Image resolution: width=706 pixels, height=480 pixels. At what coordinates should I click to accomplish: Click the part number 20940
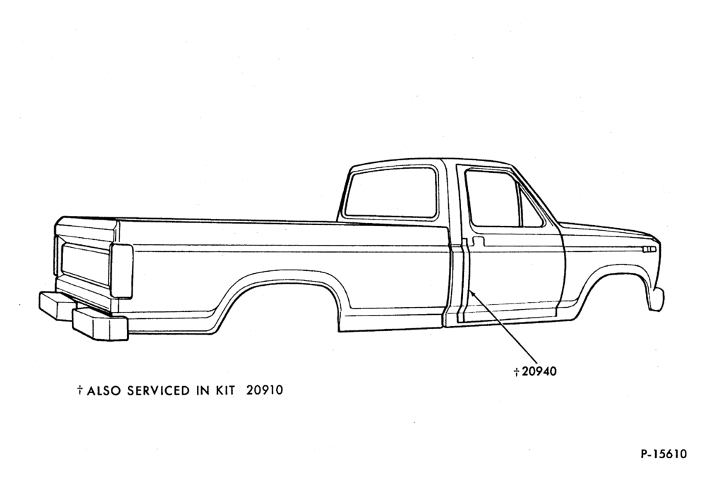539,371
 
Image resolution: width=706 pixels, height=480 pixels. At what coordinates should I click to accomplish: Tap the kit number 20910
265,390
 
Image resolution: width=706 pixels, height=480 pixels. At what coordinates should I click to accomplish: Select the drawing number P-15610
664,453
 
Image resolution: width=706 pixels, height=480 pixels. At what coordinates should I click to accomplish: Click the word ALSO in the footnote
104,390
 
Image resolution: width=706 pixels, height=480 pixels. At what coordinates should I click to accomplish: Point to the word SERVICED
159,390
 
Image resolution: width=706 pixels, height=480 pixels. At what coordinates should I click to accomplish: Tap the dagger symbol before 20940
517,372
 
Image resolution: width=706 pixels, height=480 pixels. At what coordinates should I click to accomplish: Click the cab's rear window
391,192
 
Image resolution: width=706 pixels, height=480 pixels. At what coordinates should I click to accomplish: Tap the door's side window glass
493,198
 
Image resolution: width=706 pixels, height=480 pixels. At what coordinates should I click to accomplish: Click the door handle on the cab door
478,241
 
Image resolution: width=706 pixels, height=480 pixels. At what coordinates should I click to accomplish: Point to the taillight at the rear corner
121,270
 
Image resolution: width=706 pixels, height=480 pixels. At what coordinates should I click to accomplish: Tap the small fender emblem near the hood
650,249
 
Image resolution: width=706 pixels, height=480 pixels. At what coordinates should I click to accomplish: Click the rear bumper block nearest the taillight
100,324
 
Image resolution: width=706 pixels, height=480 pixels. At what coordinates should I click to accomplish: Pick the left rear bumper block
56,306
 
